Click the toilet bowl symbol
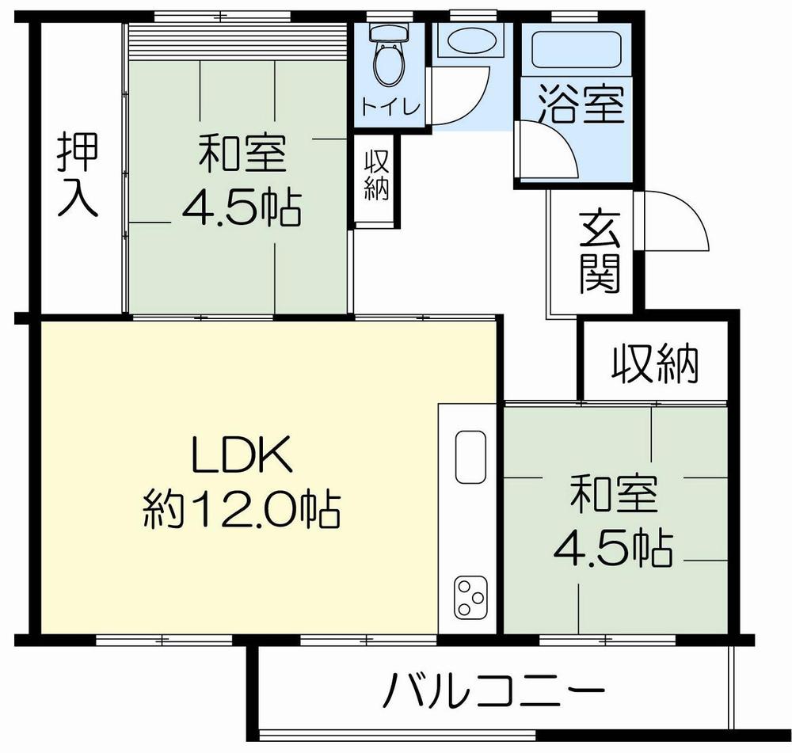(x=388, y=59)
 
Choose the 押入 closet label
(x=78, y=175)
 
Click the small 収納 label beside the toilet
(x=376, y=176)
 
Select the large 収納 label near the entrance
(x=655, y=363)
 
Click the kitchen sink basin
(x=470, y=458)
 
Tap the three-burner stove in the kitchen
(x=470, y=597)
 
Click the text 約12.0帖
(x=241, y=509)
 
